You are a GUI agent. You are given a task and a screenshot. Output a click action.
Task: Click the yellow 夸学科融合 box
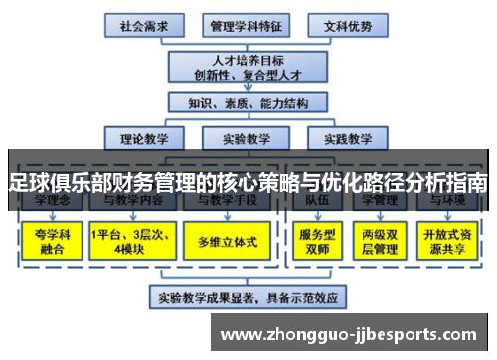49,241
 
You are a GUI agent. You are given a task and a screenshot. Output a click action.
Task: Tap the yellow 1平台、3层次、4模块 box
132,241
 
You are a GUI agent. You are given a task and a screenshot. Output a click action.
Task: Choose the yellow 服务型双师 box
321,241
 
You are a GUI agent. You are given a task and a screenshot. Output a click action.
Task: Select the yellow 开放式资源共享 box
449,241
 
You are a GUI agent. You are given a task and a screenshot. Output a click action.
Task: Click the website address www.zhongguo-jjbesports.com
354,334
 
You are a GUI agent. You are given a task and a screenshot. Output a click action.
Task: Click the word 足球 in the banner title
26,183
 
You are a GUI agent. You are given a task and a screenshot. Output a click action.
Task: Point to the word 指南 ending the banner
467,183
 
